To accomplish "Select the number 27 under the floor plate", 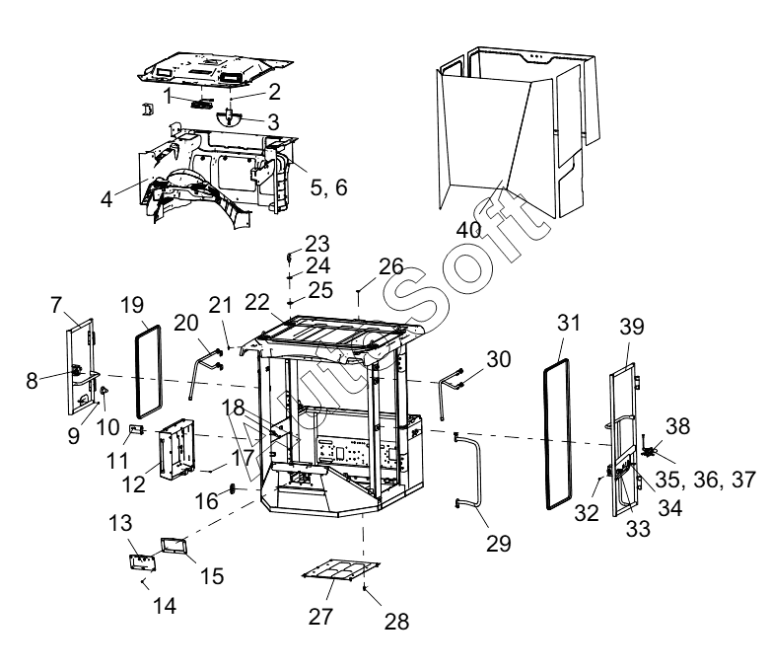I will point(321,616).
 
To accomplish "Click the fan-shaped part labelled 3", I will point(230,115).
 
